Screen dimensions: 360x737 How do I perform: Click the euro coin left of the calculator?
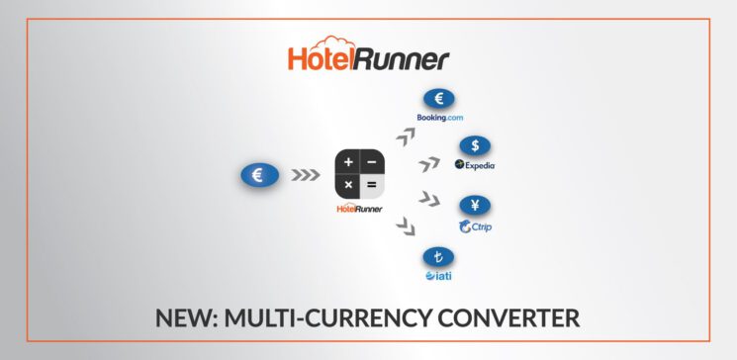258,176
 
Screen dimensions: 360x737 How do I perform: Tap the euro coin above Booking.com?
438,99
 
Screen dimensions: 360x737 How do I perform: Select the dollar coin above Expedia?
475,145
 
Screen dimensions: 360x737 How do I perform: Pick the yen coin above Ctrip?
475,208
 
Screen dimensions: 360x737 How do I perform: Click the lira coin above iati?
438,258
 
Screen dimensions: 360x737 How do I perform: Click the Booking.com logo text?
439,118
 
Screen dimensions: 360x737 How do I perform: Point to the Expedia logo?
475,165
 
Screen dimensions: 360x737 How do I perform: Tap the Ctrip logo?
477,227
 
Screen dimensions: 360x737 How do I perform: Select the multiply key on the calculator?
347,185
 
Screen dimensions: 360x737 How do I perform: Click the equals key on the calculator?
370,185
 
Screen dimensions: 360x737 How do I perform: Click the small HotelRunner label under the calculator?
359,209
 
